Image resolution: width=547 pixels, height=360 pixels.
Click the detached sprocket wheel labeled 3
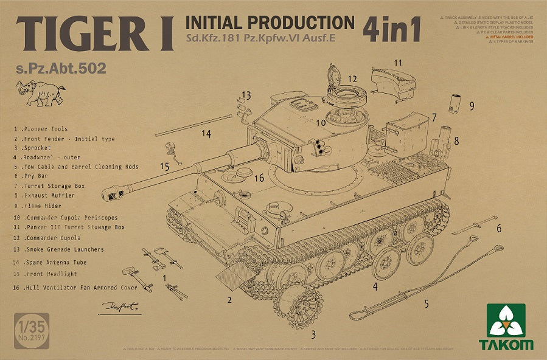point(298,307)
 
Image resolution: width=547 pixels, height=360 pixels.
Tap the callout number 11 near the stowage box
point(398,63)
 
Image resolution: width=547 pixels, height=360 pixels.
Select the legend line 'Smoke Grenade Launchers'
point(59,249)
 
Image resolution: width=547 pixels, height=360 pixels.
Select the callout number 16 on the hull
point(259,178)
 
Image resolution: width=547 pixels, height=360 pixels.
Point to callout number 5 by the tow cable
point(426,302)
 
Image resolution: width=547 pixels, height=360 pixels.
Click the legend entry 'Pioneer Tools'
point(46,129)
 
